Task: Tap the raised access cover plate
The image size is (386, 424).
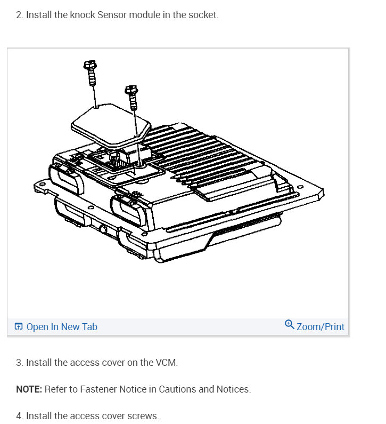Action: coord(110,125)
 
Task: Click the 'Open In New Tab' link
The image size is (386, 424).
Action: coord(62,327)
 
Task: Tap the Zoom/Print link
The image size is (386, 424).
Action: coord(321,327)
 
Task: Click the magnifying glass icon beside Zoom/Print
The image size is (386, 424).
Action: coord(290,325)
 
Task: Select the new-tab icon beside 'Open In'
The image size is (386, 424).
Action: coord(19,327)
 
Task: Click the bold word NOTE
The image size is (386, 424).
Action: coord(29,389)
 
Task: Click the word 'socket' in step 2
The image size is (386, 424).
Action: coord(203,15)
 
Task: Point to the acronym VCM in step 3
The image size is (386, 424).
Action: coord(166,363)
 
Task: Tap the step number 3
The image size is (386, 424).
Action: coord(19,363)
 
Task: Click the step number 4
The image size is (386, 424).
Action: coord(19,415)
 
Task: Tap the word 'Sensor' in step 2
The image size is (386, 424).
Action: coord(112,15)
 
